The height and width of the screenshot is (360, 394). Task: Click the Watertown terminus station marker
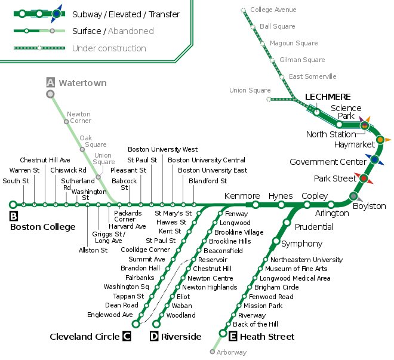pos(51,94)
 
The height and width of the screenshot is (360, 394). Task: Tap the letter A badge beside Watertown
pos(51,82)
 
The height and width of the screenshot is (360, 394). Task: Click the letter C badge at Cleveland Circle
pos(127,337)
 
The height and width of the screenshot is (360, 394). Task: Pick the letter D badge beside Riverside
pos(154,337)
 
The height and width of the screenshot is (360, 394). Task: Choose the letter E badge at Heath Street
pos(233,337)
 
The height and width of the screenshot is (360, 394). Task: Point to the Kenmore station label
pos(242,196)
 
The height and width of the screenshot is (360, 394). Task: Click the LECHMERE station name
pos(328,97)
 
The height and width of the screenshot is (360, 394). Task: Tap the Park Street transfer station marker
pos(364,178)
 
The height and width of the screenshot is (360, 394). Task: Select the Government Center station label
pos(327,162)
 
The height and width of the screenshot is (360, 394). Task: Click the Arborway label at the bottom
pos(232,352)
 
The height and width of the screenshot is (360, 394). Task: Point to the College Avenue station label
pos(273,10)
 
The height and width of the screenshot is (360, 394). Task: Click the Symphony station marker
pos(276,241)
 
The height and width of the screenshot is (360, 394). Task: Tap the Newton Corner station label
pos(79,117)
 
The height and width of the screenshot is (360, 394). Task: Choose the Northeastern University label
pos(306,260)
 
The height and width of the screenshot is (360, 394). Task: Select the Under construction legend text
pos(109,48)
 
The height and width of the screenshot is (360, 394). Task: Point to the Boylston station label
pos(370,206)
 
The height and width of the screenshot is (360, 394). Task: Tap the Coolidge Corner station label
pos(145,250)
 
